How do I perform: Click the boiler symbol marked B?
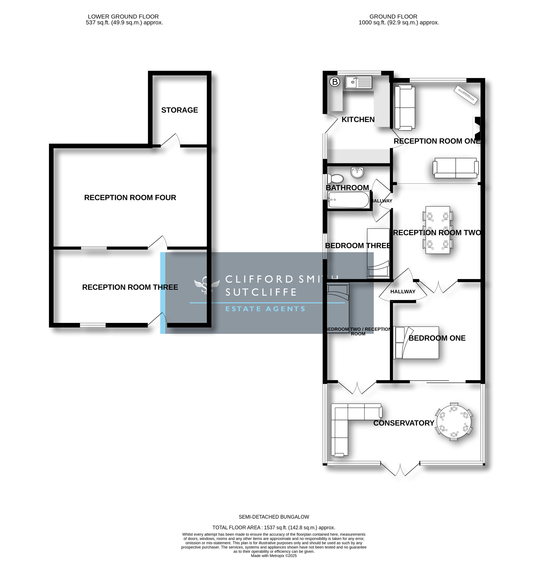335,82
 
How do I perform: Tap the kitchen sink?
359,82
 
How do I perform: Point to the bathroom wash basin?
357,172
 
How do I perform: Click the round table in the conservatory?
454,421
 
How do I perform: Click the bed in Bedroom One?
416,343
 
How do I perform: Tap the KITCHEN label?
358,119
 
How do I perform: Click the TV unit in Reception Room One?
466,95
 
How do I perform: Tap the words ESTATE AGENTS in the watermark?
265,309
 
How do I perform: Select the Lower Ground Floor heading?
123,17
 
